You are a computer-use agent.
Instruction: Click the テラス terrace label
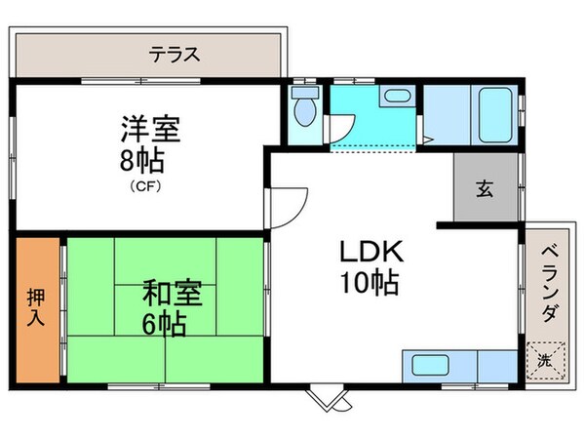[x=175, y=55]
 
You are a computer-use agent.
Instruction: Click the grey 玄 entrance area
[x=485, y=188]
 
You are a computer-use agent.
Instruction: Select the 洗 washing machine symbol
[x=545, y=359]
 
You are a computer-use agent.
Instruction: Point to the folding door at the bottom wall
[x=327, y=398]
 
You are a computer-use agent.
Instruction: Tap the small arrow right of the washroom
[x=428, y=140]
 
